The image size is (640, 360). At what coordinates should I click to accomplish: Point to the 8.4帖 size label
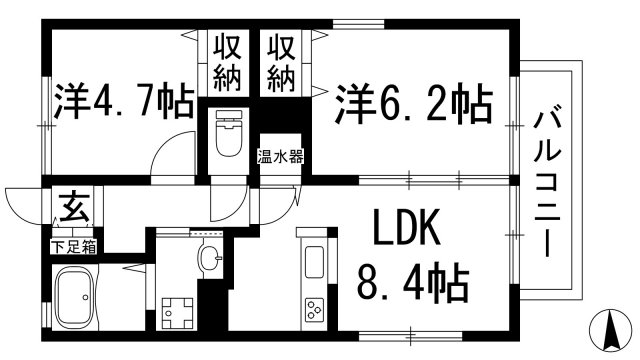(x=412, y=285)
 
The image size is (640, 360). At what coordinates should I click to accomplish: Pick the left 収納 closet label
(x=227, y=61)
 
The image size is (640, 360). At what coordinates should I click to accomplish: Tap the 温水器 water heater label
(x=281, y=156)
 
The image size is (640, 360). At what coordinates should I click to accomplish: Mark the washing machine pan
(x=176, y=312)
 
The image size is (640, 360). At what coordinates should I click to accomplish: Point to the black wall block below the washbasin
(x=212, y=301)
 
